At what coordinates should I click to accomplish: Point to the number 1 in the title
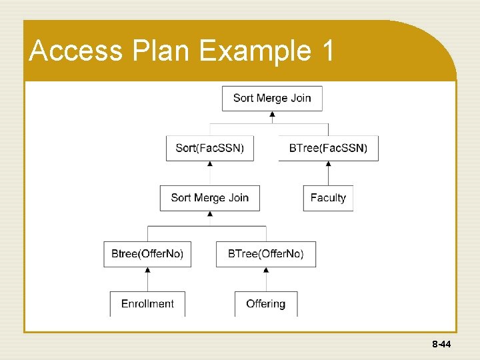pos(327,51)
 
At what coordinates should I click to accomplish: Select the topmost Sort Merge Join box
pos(272,98)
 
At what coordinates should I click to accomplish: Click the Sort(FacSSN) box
pos(210,148)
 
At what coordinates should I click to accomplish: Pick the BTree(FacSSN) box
pos(328,148)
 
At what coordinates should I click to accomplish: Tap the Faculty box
pos(328,198)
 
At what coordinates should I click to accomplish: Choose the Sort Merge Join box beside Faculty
pos(210,198)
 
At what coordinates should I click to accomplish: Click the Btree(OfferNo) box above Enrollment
pos(147,254)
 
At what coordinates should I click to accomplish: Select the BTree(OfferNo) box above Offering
pos(266,254)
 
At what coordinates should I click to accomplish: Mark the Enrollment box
pos(147,304)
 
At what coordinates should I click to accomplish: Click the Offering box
pos(266,304)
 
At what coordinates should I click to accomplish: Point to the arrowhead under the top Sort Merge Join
pos(272,115)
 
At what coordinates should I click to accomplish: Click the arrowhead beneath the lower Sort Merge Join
pos(210,214)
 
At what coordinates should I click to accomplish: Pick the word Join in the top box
pos(301,98)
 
